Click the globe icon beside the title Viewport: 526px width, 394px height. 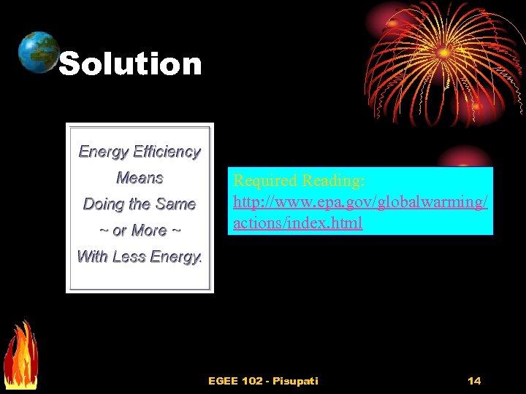click(x=38, y=53)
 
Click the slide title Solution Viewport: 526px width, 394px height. click(x=130, y=64)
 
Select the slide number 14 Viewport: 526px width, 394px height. click(x=474, y=380)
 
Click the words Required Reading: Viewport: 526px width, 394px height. click(x=299, y=180)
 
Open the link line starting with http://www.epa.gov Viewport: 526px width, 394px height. click(x=360, y=201)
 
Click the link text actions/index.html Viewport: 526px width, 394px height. click(x=297, y=223)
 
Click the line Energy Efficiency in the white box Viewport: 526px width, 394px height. click(x=140, y=152)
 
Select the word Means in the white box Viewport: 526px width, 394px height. click(x=140, y=178)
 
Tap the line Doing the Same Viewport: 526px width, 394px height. click(x=140, y=204)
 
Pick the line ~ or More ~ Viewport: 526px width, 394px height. click(x=140, y=231)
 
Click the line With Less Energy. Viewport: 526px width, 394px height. click(x=140, y=257)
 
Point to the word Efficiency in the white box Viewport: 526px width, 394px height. click(x=167, y=152)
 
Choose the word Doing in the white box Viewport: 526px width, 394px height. click(x=102, y=204)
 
